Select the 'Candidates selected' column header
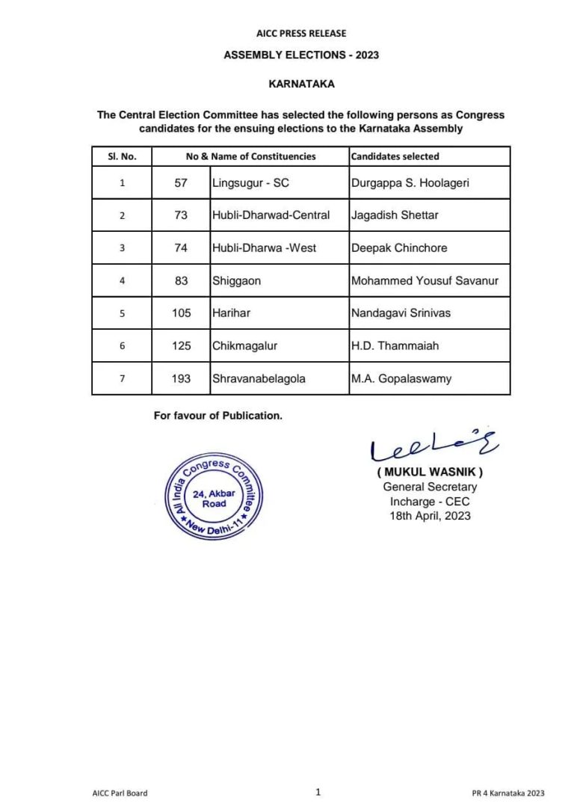[x=395, y=156]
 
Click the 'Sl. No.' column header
[x=122, y=156]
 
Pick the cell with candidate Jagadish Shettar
[x=395, y=215]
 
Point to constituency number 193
[x=181, y=379]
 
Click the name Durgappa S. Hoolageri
[x=410, y=182]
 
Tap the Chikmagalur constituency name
[x=244, y=346]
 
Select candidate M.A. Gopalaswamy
[x=401, y=379]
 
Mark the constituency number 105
[x=181, y=313]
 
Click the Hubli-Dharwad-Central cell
[x=271, y=215]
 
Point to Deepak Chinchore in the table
[x=399, y=248]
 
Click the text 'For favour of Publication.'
[x=218, y=416]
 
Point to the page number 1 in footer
[x=318, y=792]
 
